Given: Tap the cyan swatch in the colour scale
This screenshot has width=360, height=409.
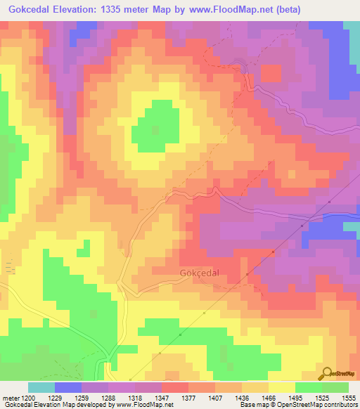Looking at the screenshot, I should [41, 387].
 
